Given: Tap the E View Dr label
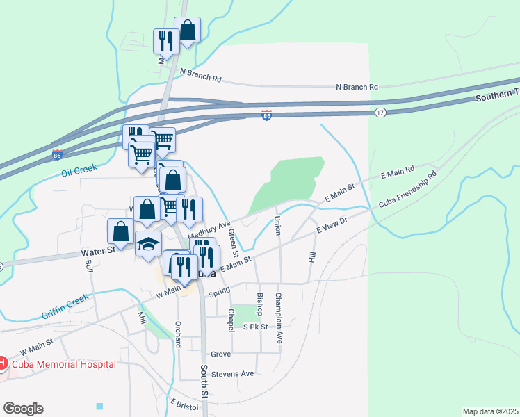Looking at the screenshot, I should click(x=331, y=227).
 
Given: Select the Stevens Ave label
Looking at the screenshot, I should click(x=233, y=373).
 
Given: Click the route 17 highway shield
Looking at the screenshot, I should click(x=380, y=112).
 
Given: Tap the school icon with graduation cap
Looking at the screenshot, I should click(x=148, y=243).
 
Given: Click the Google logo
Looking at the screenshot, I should click(x=23, y=409).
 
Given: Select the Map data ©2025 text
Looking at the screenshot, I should click(x=491, y=411).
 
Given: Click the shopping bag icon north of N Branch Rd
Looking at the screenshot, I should click(x=188, y=30).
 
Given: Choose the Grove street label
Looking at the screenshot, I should click(x=220, y=354).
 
